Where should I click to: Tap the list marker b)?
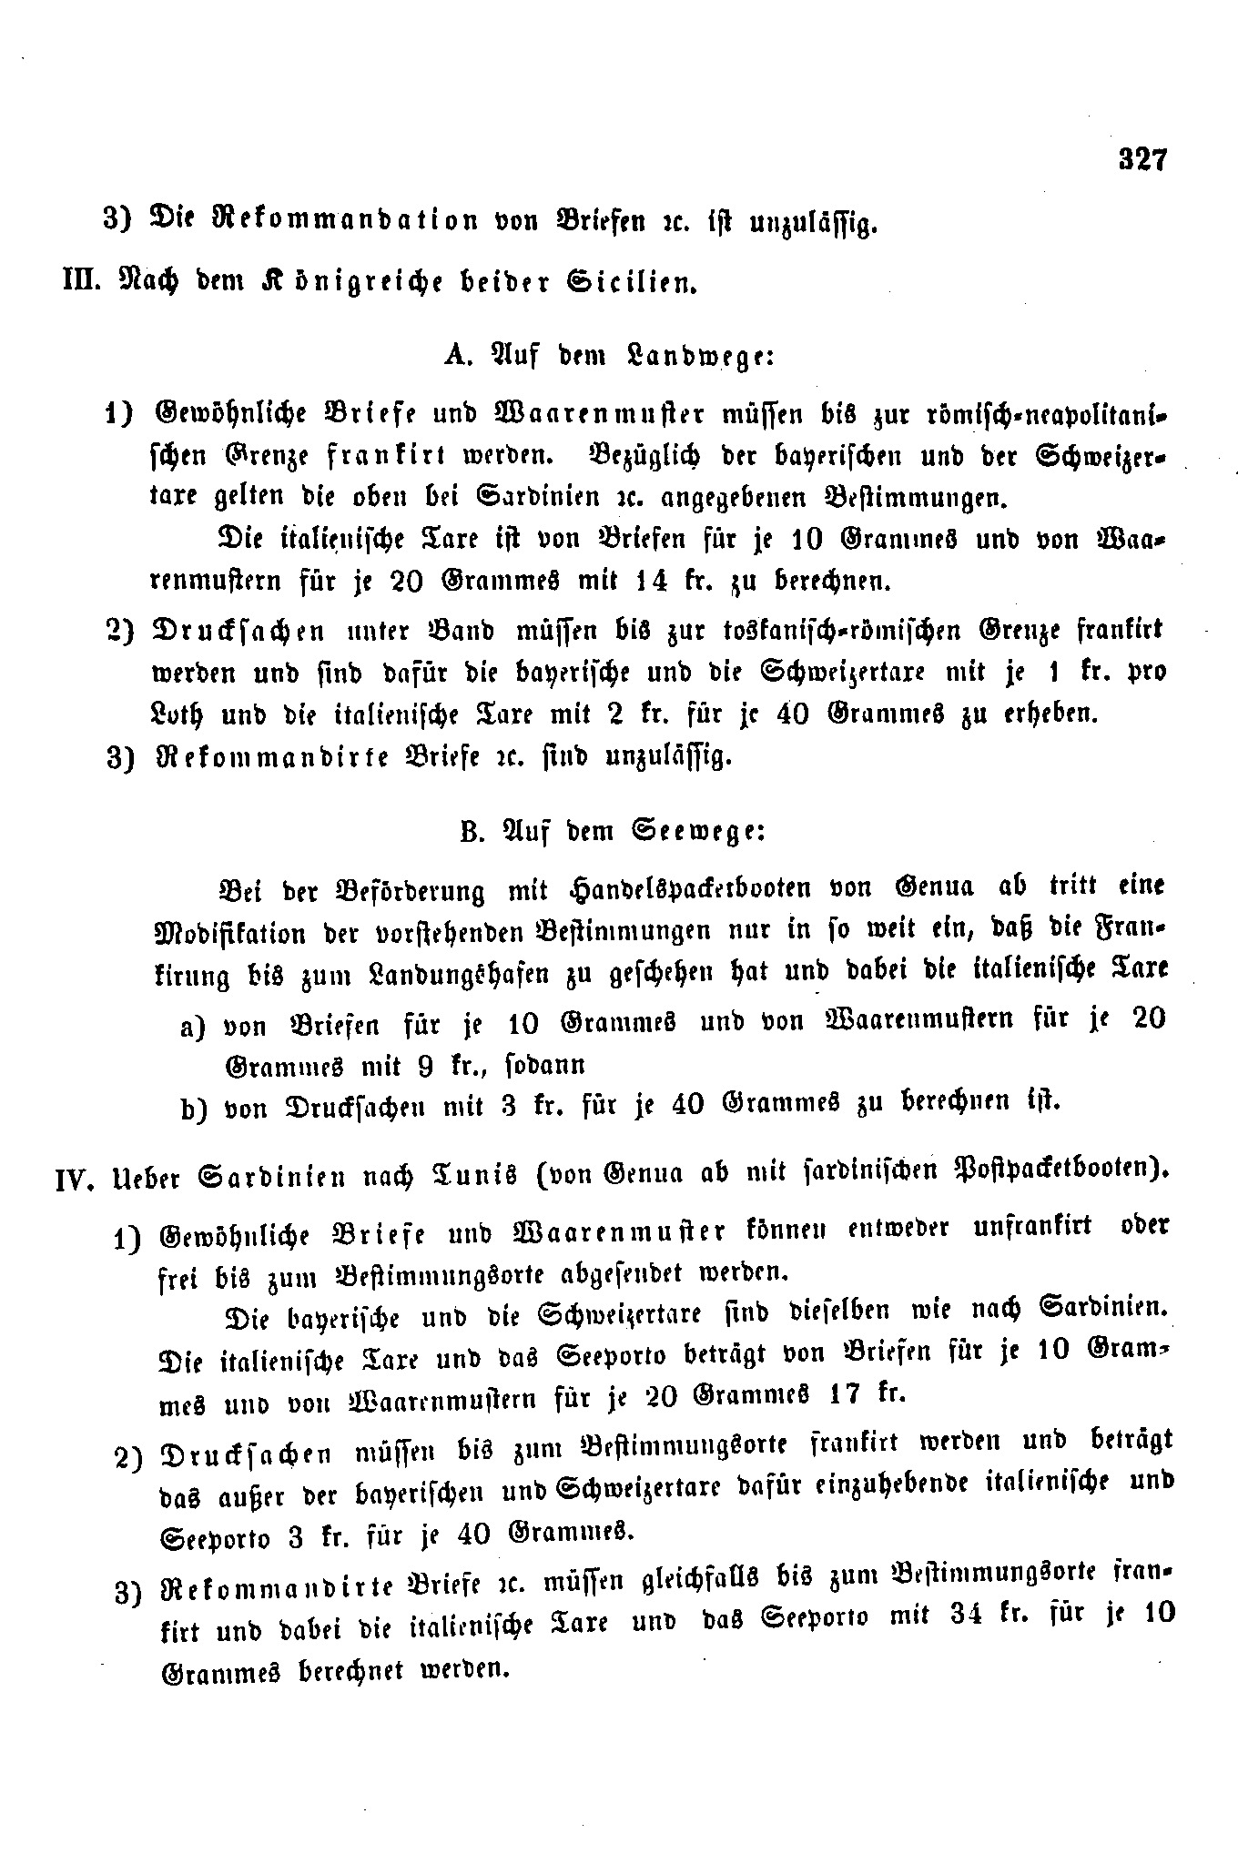[197, 1109]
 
